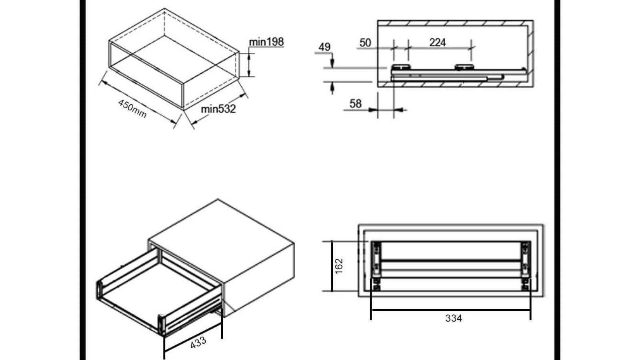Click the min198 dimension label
point(266,42)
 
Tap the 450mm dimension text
point(132,109)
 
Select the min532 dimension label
point(218,109)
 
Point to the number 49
point(324,47)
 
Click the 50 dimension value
point(365,42)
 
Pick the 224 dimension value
point(437,42)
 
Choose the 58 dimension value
point(355,104)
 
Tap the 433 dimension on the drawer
point(198,342)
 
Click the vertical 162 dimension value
point(339,266)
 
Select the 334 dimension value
point(454,318)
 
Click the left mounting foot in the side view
point(401,67)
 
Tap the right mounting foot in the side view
point(464,67)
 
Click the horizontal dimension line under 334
point(451,310)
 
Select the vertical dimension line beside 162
point(332,266)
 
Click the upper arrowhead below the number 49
point(332,63)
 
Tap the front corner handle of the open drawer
point(161,324)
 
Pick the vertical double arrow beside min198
point(249,64)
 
